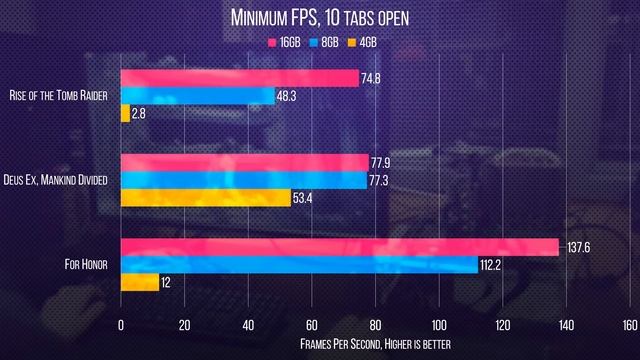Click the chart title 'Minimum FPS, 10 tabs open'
[x=319, y=17]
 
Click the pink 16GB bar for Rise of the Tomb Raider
[x=239, y=78]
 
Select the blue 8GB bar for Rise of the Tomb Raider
[x=197, y=96]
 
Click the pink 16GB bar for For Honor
[x=339, y=247]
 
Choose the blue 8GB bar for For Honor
[x=299, y=265]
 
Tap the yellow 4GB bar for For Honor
[x=140, y=283]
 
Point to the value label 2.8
[x=140, y=114]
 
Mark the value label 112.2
[x=495, y=265]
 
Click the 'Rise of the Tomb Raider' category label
[x=61, y=96]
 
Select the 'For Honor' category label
[x=86, y=265]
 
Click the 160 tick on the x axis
[x=629, y=324]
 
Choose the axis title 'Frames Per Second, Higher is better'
[x=375, y=343]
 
